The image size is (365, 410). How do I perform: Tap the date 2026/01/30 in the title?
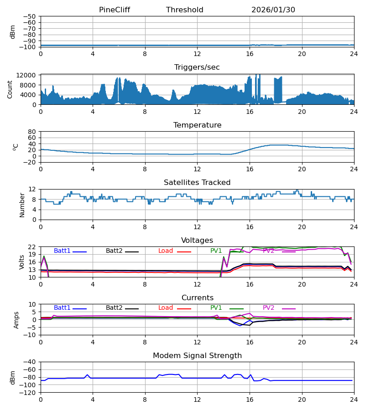pyautogui.click(x=273, y=10)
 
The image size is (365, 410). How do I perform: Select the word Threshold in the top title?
pyautogui.click(x=185, y=10)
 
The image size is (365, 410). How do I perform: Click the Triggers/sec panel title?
pyautogui.click(x=197, y=67)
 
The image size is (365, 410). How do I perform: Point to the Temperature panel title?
pyautogui.click(x=197, y=125)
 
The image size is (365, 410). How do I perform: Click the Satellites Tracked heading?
pyautogui.click(x=197, y=183)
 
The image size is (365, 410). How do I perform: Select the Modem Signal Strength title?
pyautogui.click(x=197, y=356)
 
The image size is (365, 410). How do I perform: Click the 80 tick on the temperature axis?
pyautogui.click(x=32, y=132)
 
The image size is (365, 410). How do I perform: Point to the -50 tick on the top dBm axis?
pyautogui.click(x=31, y=16)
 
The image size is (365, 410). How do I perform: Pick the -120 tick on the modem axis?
pyautogui.click(x=29, y=393)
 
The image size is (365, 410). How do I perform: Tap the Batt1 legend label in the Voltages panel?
pyautogui.click(x=62, y=251)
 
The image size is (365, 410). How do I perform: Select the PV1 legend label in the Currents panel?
pyautogui.click(x=216, y=308)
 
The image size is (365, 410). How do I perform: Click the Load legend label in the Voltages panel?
pyautogui.click(x=166, y=251)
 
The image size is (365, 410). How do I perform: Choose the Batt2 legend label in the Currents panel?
pyautogui.click(x=114, y=308)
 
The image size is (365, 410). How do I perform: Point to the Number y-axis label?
pyautogui.click(x=22, y=205)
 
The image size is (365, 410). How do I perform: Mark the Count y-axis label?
pyautogui.click(x=10, y=89)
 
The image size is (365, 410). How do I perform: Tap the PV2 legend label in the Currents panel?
pyautogui.click(x=269, y=308)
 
